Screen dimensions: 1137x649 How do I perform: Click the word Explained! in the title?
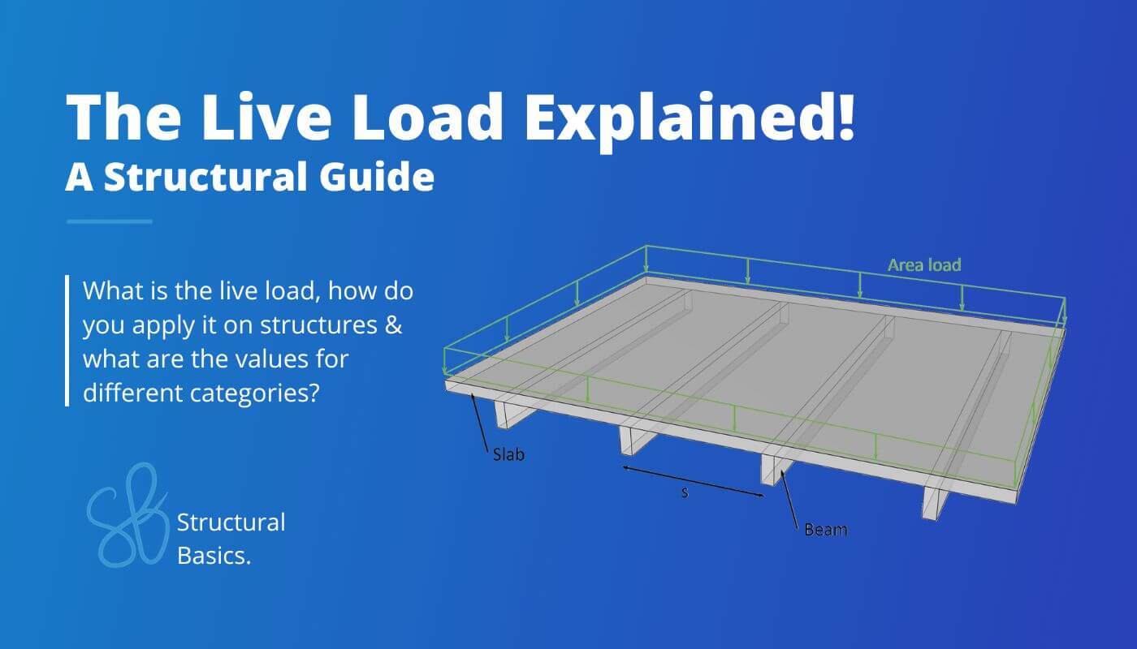click(690, 119)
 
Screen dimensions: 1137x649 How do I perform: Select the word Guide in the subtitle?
click(376, 176)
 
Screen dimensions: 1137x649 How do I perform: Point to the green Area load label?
click(924, 265)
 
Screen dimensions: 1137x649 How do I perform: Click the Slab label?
click(508, 454)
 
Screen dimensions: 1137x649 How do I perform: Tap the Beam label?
click(826, 530)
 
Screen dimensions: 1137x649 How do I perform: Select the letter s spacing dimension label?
click(685, 492)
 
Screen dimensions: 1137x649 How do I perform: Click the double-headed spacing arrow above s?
click(694, 481)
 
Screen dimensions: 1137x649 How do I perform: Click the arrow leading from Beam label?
click(790, 501)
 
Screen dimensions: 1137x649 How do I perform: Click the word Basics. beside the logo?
click(214, 556)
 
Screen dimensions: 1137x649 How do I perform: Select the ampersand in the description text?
click(393, 324)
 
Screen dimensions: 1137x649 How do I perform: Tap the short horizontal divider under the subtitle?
click(109, 221)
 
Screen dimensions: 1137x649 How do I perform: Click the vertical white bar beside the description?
click(67, 341)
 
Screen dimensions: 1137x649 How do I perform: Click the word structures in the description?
click(318, 324)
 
